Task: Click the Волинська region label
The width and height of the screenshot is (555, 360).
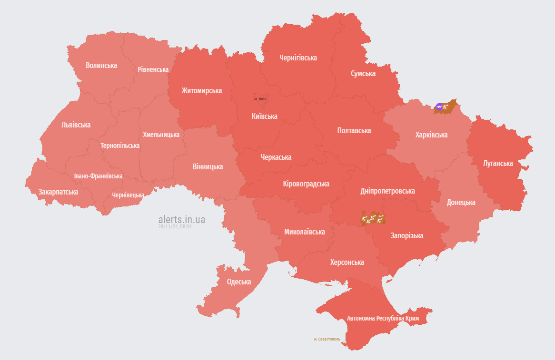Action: [x=101, y=65]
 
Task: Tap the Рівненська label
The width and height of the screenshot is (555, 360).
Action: [x=153, y=69]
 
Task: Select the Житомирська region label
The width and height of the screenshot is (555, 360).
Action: [x=202, y=90]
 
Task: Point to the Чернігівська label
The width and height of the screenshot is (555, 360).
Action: [x=298, y=58]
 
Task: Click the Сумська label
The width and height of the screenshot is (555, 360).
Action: [x=363, y=73]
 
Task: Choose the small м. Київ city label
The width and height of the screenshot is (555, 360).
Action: [x=260, y=99]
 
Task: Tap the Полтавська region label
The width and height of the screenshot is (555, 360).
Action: [x=354, y=130]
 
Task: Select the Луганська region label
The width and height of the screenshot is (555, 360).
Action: [x=498, y=163]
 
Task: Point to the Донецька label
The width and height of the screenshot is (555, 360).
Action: [x=461, y=202]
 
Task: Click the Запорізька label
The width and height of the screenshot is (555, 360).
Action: [x=407, y=235]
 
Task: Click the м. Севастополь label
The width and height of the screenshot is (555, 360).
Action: [x=327, y=339]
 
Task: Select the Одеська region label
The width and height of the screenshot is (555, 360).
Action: [x=239, y=282]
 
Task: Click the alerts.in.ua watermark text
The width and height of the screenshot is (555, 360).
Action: [x=182, y=219]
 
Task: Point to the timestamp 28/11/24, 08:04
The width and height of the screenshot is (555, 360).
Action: [x=175, y=227]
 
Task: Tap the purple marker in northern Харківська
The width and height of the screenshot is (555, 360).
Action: [x=439, y=107]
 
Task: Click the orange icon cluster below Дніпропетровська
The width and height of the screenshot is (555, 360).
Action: [x=373, y=218]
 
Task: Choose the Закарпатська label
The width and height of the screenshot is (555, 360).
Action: [x=59, y=192]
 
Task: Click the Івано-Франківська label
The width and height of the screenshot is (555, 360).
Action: [x=98, y=176]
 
